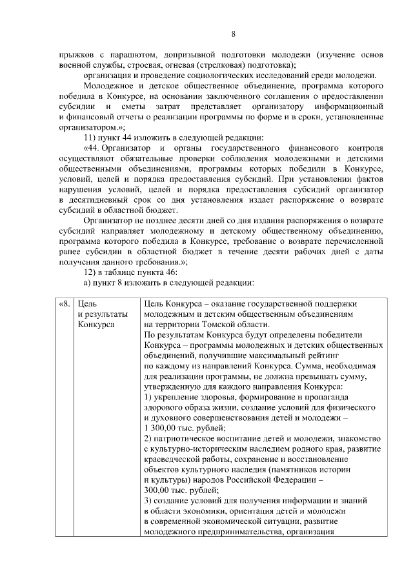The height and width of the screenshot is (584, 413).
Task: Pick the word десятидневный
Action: pyautogui.click(x=97, y=199)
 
